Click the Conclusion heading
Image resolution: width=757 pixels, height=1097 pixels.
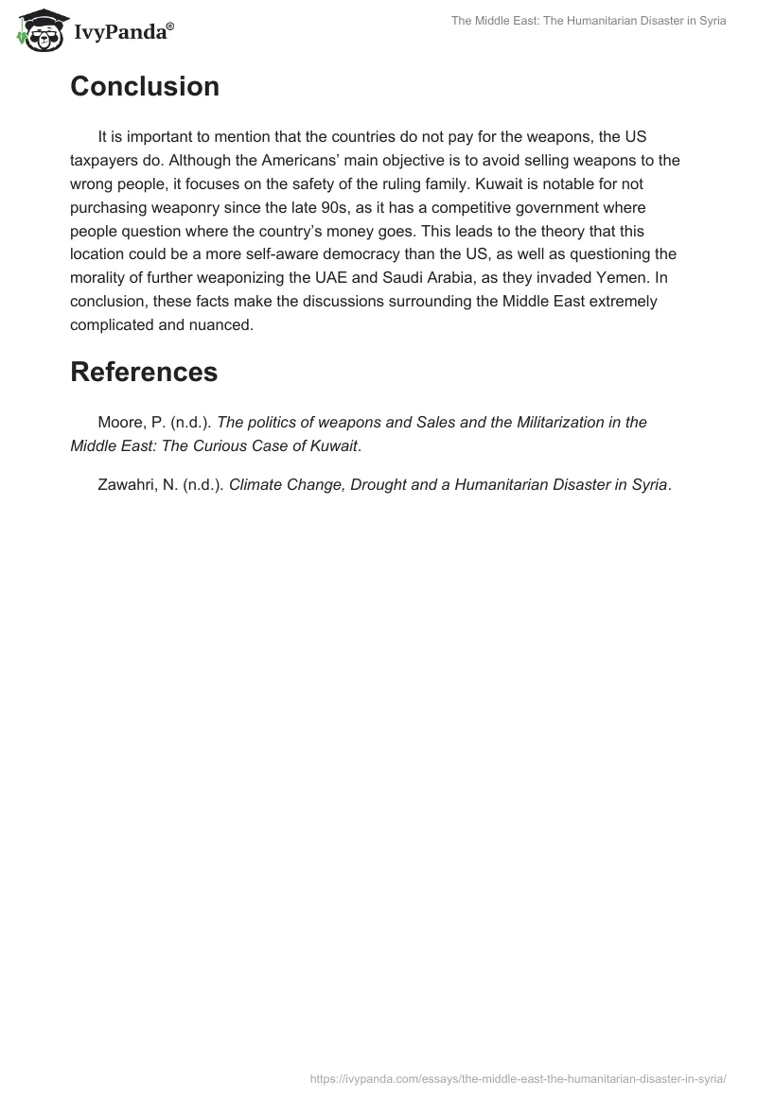click(145, 86)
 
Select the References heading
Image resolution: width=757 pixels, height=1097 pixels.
click(144, 372)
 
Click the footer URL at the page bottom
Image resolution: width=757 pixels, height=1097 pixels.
click(518, 1078)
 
